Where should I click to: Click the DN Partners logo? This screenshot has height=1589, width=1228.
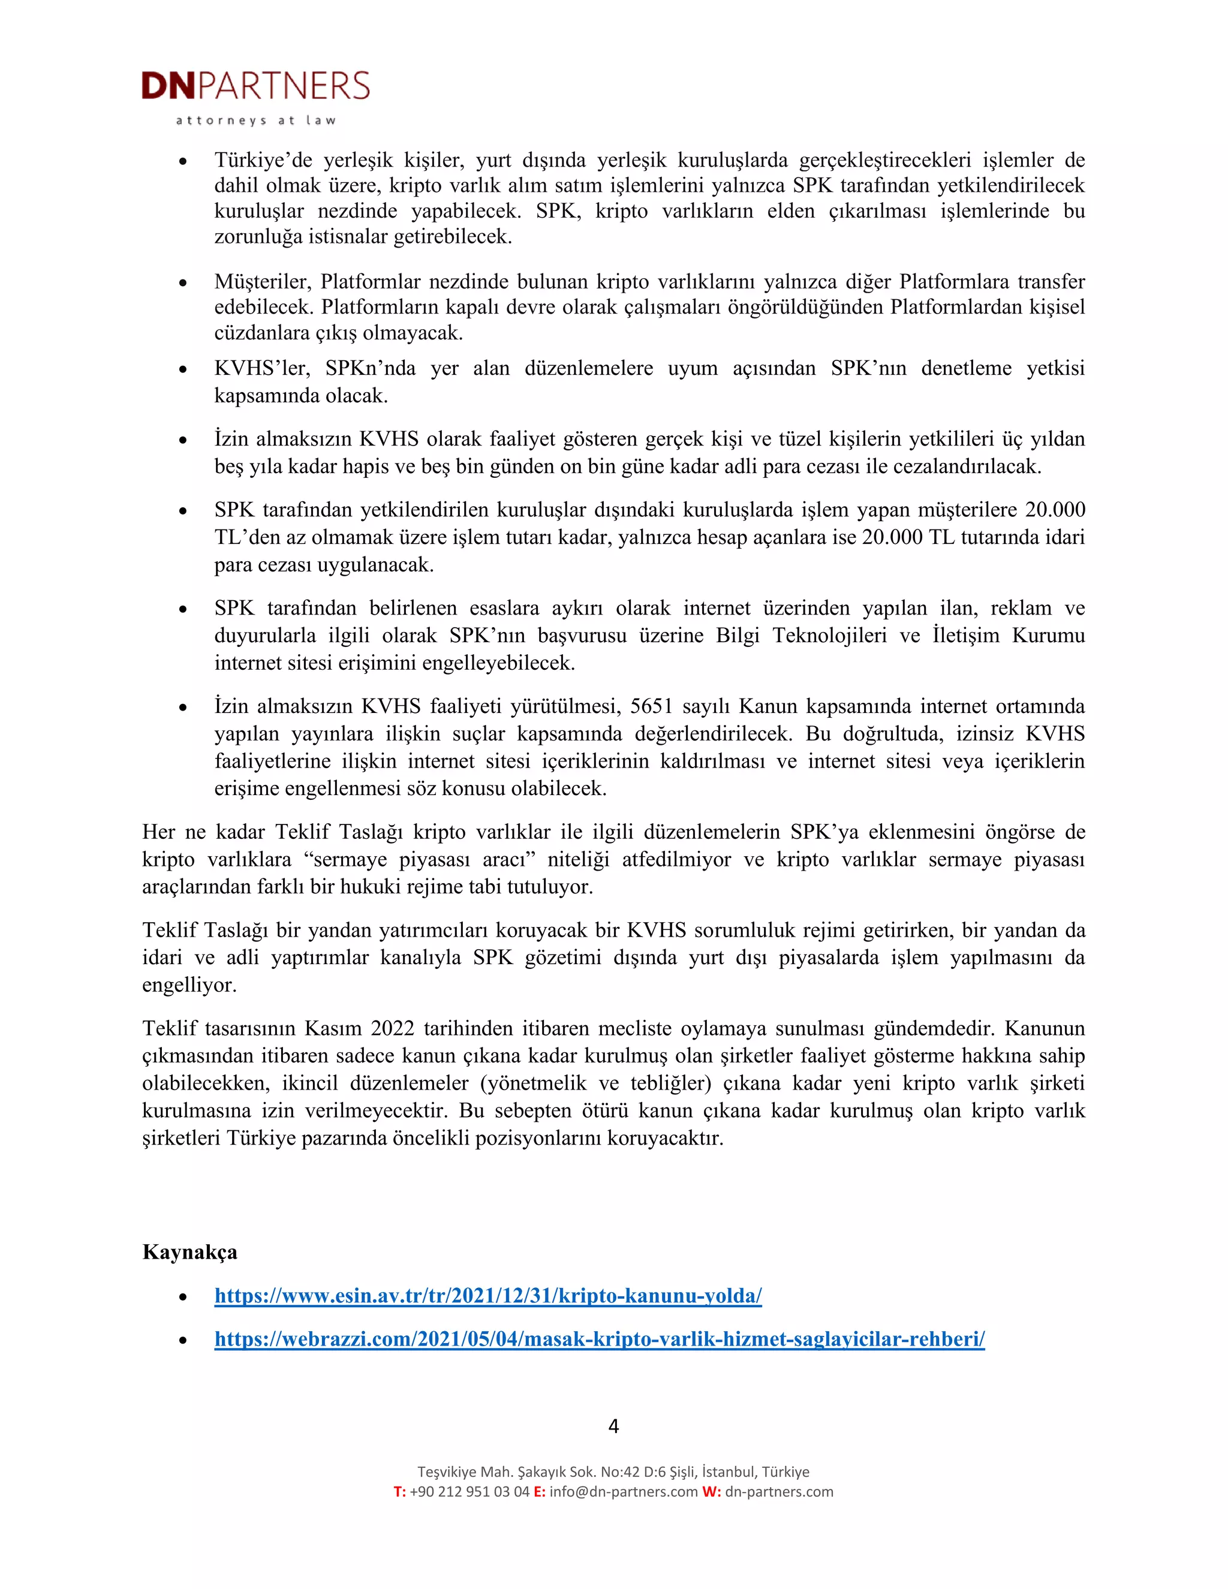click(255, 86)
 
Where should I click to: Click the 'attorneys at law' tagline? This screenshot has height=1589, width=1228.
click(255, 121)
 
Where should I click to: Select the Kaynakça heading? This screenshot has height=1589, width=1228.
click(190, 1251)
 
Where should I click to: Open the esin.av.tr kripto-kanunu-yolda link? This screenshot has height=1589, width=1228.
click(488, 1295)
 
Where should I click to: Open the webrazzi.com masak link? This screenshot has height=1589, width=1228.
click(600, 1339)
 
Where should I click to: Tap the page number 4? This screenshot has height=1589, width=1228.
click(613, 1426)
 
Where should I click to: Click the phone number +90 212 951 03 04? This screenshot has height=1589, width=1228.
click(469, 1491)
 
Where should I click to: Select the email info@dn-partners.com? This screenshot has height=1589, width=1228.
click(624, 1491)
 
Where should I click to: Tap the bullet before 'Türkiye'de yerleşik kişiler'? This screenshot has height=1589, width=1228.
click(183, 161)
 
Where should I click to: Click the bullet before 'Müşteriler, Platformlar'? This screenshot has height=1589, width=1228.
click(183, 282)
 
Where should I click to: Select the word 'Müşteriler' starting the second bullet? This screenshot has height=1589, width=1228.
click(263, 282)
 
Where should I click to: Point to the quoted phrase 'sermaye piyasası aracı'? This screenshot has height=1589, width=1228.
click(420, 859)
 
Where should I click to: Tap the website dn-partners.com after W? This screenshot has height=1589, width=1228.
click(779, 1491)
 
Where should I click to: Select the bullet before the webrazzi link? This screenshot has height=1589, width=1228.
click(183, 1340)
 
